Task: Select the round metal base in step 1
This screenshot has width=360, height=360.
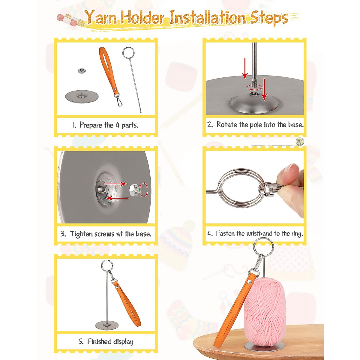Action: tap(82, 97)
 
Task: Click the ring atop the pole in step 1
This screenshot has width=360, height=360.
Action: tap(128, 53)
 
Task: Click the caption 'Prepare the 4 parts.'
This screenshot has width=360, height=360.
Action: tap(106, 125)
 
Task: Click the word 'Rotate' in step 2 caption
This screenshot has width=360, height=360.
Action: tap(227, 124)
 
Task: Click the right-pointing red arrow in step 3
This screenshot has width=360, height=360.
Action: tap(115, 183)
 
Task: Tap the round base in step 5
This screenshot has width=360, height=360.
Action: tap(107, 325)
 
